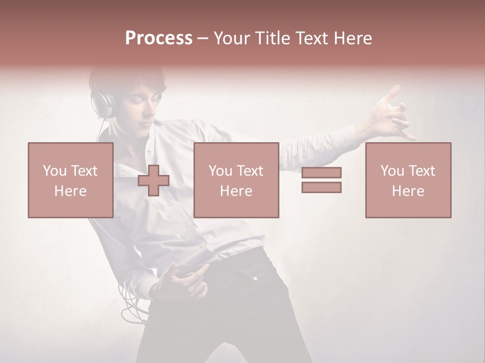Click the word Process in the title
159,38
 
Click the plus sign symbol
154,180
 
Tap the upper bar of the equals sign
321,172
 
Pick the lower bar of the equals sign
321,188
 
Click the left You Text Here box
71,180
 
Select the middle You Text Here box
236,180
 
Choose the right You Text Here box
408,180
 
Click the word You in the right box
392,171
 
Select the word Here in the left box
71,191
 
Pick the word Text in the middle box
250,171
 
